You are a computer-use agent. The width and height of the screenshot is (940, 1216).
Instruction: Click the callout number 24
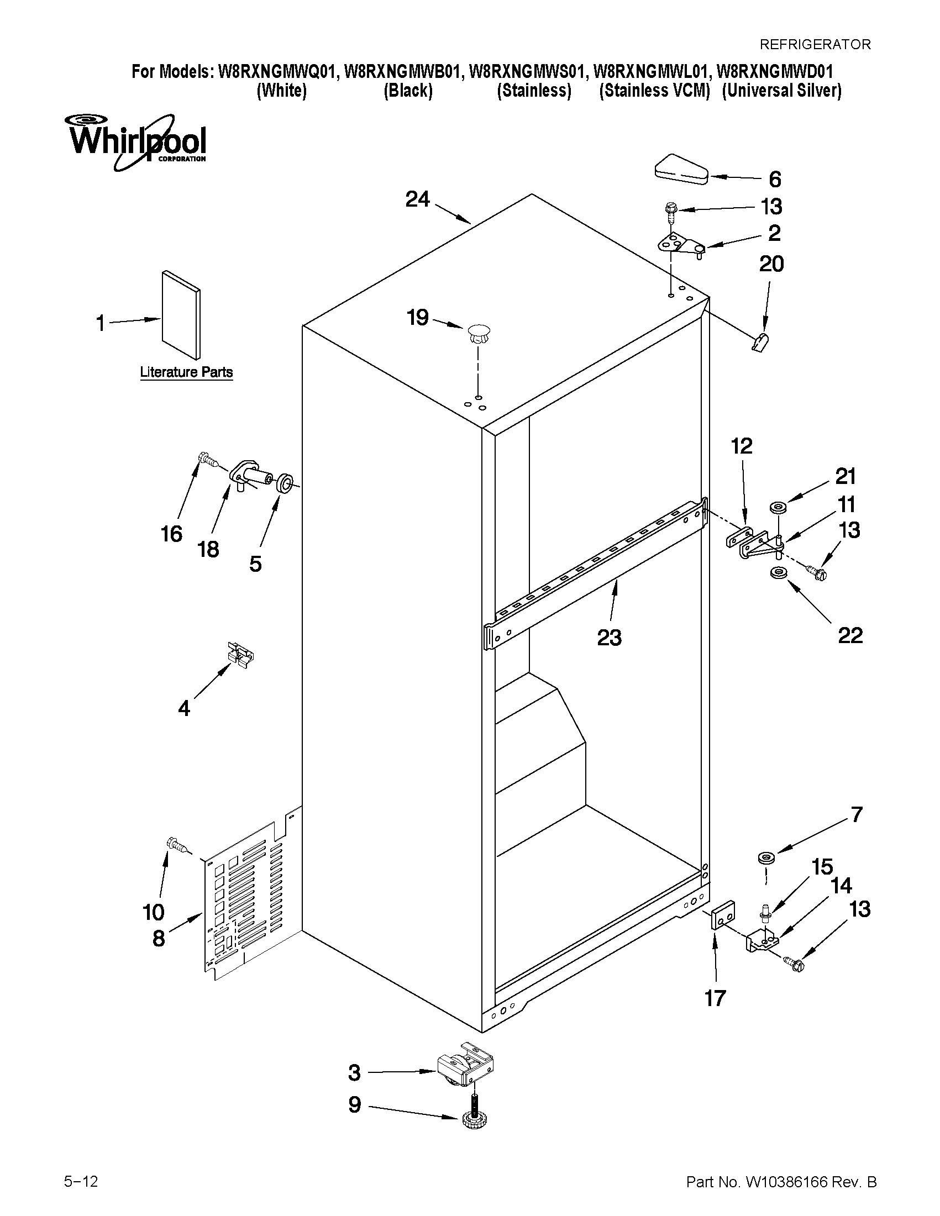[418, 199]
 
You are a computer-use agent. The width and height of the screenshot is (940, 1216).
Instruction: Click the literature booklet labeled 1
[180, 315]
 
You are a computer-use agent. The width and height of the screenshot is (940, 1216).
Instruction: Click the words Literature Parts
[186, 372]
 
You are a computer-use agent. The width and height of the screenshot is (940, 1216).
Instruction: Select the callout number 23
[609, 638]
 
